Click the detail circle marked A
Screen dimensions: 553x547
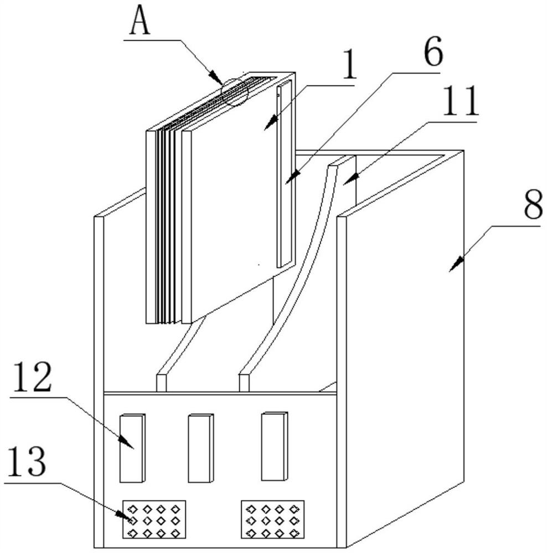click(235, 92)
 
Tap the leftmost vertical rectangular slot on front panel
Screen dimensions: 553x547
click(132, 448)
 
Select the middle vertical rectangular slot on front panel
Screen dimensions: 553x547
click(200, 448)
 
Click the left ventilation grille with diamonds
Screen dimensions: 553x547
click(154, 519)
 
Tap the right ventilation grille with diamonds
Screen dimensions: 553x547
click(273, 519)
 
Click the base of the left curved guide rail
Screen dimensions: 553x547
click(161, 383)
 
